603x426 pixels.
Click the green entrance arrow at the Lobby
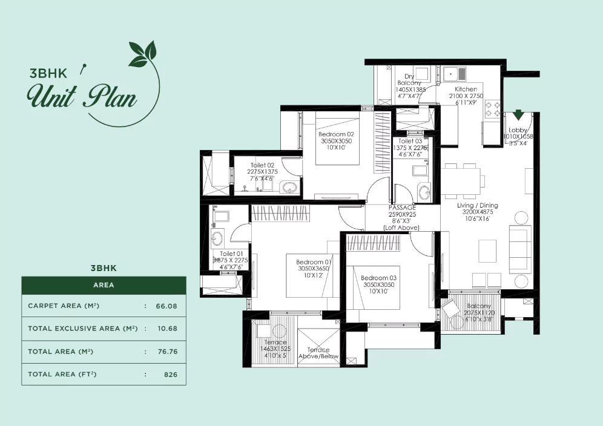[518, 114]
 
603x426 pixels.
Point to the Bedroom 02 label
[336, 134]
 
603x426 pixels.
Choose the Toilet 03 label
[410, 140]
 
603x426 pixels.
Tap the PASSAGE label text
[402, 208]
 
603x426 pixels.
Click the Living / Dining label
[478, 206]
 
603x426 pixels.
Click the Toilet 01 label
[231, 254]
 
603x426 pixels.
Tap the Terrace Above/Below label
[318, 350]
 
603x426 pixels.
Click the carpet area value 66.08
[166, 306]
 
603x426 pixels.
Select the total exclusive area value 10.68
[166, 329]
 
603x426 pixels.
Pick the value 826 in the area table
[171, 375]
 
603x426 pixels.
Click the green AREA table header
[104, 284]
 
